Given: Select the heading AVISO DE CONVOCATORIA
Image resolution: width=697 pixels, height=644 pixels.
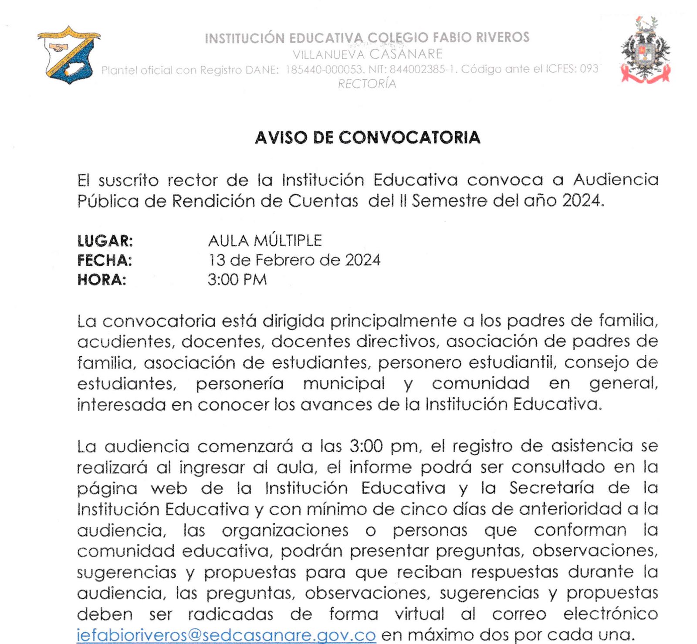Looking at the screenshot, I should pos(367,138).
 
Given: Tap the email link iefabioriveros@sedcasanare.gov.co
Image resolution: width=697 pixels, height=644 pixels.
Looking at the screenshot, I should pos(226,634).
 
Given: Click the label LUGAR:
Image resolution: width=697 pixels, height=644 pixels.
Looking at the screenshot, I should pos(105,241).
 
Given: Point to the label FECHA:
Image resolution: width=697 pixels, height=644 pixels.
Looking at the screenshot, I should pos(105,260).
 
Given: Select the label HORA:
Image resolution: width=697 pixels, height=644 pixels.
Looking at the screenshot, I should pos(102,280).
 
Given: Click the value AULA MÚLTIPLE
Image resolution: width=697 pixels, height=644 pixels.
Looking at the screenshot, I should pos(265,241).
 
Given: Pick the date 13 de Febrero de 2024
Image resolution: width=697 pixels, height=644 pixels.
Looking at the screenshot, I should pos(294,260).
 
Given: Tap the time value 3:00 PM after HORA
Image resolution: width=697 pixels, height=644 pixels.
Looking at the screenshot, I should pos(237,280).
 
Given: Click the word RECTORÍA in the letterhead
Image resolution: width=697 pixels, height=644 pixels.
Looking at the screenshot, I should pos(367,84).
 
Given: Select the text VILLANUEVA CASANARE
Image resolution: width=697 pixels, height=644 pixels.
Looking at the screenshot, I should pos(367,54).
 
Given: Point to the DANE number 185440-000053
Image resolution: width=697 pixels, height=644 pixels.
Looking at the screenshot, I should pos(324,69).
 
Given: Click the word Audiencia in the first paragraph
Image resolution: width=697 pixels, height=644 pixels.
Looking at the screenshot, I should pos(615,180).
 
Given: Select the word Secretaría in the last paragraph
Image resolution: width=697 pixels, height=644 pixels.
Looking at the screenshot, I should pos(552,488).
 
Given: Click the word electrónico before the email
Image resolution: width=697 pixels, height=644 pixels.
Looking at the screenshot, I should pos(610,614).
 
